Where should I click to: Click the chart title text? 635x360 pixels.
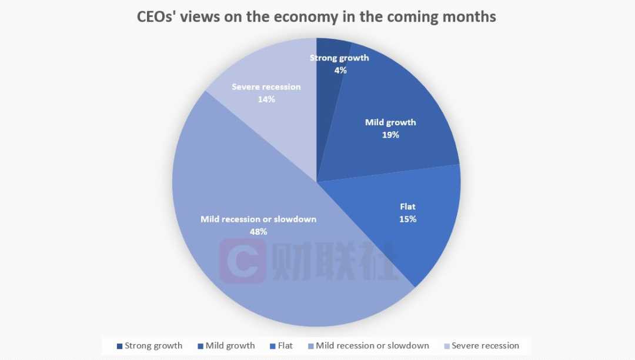[x=316, y=16]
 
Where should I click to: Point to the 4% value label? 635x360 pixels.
[x=340, y=70]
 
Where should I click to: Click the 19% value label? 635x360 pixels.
[x=390, y=135]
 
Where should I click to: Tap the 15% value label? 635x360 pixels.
[x=407, y=219]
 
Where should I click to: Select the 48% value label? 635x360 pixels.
[x=258, y=232]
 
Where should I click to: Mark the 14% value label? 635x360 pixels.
[x=266, y=99]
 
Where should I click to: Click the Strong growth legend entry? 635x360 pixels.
[x=149, y=346]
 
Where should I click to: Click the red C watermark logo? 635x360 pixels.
[x=242, y=261]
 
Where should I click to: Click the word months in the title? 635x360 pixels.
[x=472, y=16]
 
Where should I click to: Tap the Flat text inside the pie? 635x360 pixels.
[x=407, y=207]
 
